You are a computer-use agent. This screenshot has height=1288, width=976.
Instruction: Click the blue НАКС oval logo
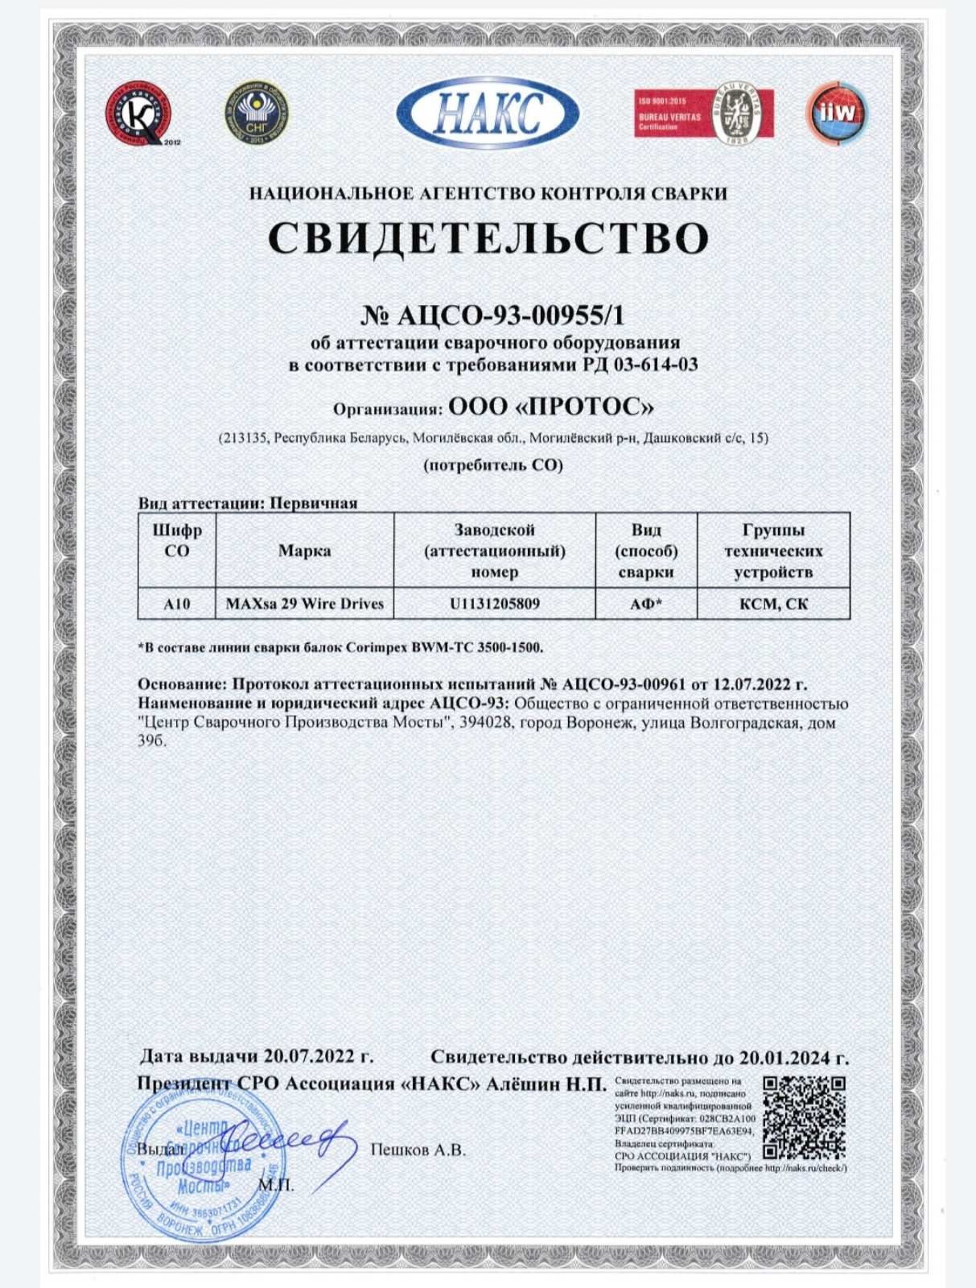click(x=488, y=113)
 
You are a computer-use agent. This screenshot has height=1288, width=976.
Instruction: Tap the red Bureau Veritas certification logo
click(x=703, y=114)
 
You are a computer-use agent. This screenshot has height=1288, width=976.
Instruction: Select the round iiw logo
click(x=837, y=114)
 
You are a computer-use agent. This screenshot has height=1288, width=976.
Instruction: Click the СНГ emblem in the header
click(x=256, y=113)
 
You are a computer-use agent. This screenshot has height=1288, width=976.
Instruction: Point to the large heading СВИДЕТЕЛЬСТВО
click(x=488, y=237)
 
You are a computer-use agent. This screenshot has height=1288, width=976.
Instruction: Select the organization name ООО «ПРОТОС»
click(x=550, y=407)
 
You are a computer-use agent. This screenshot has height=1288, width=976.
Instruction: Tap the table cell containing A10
click(x=177, y=604)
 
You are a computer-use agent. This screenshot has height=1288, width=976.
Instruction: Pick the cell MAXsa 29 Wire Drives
click(x=305, y=604)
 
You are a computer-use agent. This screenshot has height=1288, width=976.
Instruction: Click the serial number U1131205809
click(x=495, y=604)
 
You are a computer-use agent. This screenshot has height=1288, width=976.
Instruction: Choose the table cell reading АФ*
click(x=646, y=604)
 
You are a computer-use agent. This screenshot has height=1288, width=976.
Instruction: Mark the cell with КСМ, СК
click(x=773, y=604)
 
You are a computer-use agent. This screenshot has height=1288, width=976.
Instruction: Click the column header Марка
click(x=305, y=551)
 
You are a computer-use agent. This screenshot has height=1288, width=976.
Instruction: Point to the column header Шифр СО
click(x=177, y=541)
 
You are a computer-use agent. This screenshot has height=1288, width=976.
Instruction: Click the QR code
click(x=804, y=1117)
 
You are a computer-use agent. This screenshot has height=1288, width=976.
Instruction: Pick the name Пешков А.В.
click(x=418, y=1150)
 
